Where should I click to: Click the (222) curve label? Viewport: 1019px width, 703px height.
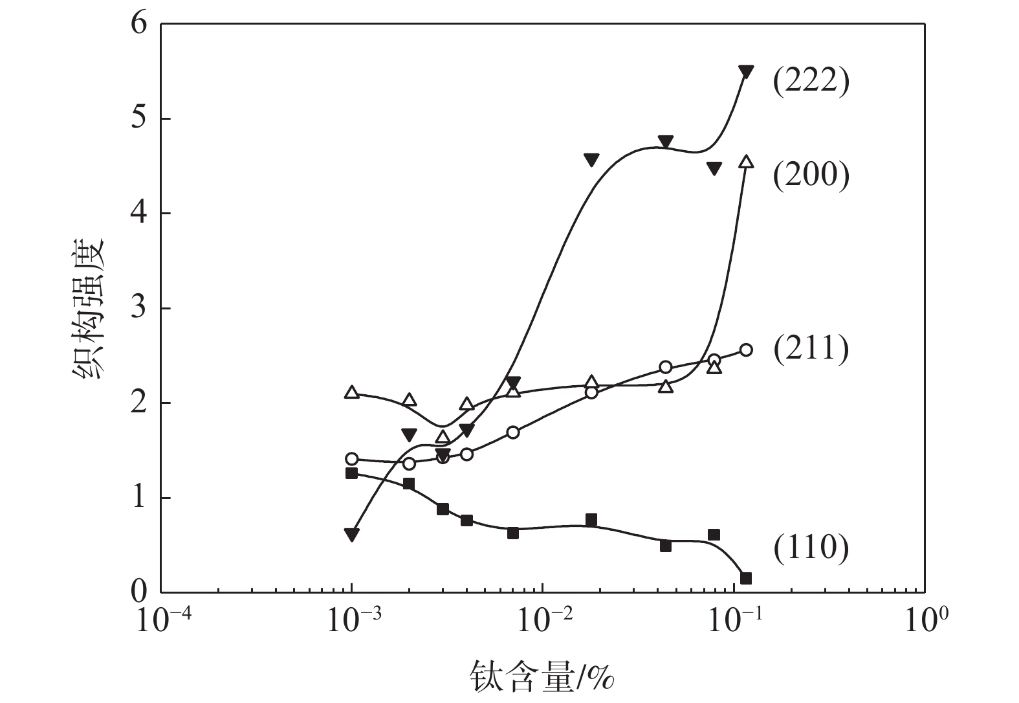(811, 82)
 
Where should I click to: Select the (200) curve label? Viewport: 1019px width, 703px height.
(811, 175)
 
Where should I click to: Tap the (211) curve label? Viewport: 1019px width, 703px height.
(811, 350)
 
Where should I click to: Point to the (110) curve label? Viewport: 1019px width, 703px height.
(811, 548)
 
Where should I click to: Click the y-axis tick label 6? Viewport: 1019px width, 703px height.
(140, 25)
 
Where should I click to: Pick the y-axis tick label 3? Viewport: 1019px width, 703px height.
(140, 309)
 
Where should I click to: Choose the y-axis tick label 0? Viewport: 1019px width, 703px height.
(140, 592)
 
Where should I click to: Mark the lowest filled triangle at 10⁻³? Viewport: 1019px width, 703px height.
(351, 535)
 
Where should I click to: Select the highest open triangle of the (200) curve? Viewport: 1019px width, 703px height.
(746, 162)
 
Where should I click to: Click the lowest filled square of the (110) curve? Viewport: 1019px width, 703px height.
(745, 578)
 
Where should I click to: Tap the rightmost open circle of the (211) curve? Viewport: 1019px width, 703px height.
(745, 350)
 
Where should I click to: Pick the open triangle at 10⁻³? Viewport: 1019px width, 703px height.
(351, 392)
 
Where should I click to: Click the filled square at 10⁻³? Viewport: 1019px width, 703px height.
(351, 473)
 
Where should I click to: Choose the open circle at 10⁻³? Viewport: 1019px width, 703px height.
(351, 459)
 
